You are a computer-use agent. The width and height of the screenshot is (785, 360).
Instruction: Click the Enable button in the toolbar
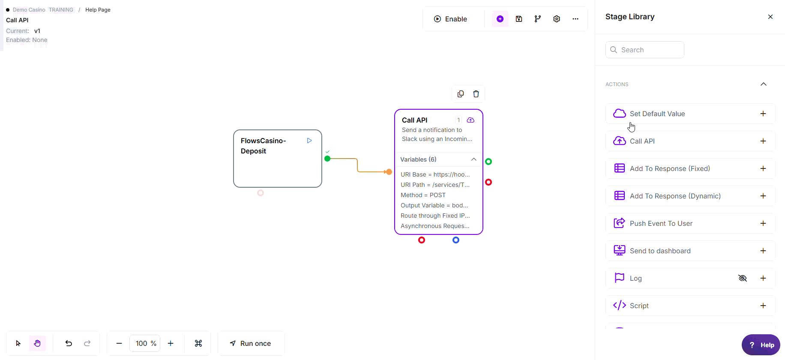[450, 19]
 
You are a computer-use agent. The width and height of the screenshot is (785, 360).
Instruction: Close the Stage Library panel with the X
[770, 17]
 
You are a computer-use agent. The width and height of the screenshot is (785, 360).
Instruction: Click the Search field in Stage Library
[645, 50]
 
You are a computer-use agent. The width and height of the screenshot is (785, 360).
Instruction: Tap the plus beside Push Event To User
[763, 223]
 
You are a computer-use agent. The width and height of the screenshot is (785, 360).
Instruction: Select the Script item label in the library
[639, 306]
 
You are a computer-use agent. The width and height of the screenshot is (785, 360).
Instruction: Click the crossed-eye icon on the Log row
[743, 278]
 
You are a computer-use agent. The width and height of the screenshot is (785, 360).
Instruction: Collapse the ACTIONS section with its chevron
[764, 84]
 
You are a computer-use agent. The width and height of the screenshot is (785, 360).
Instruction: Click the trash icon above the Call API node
[476, 94]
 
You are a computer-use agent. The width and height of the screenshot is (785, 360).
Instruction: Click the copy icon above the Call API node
[461, 94]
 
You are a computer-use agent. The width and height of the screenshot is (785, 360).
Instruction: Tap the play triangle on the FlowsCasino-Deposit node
[309, 141]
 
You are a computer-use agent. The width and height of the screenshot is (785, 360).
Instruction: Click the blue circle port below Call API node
[456, 240]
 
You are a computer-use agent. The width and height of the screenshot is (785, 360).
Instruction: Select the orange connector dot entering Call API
[389, 172]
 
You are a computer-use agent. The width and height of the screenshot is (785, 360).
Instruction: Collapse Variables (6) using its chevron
[473, 159]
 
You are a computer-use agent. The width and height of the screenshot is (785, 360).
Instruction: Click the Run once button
[251, 343]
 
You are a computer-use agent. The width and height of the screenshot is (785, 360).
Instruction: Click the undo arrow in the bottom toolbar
[69, 343]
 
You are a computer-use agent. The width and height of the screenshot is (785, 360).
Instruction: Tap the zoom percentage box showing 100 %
[145, 343]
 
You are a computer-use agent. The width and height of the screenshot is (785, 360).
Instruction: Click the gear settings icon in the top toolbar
[557, 19]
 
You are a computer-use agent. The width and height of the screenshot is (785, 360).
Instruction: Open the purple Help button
[761, 345]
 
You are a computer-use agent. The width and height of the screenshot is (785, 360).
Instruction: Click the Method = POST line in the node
[423, 195]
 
